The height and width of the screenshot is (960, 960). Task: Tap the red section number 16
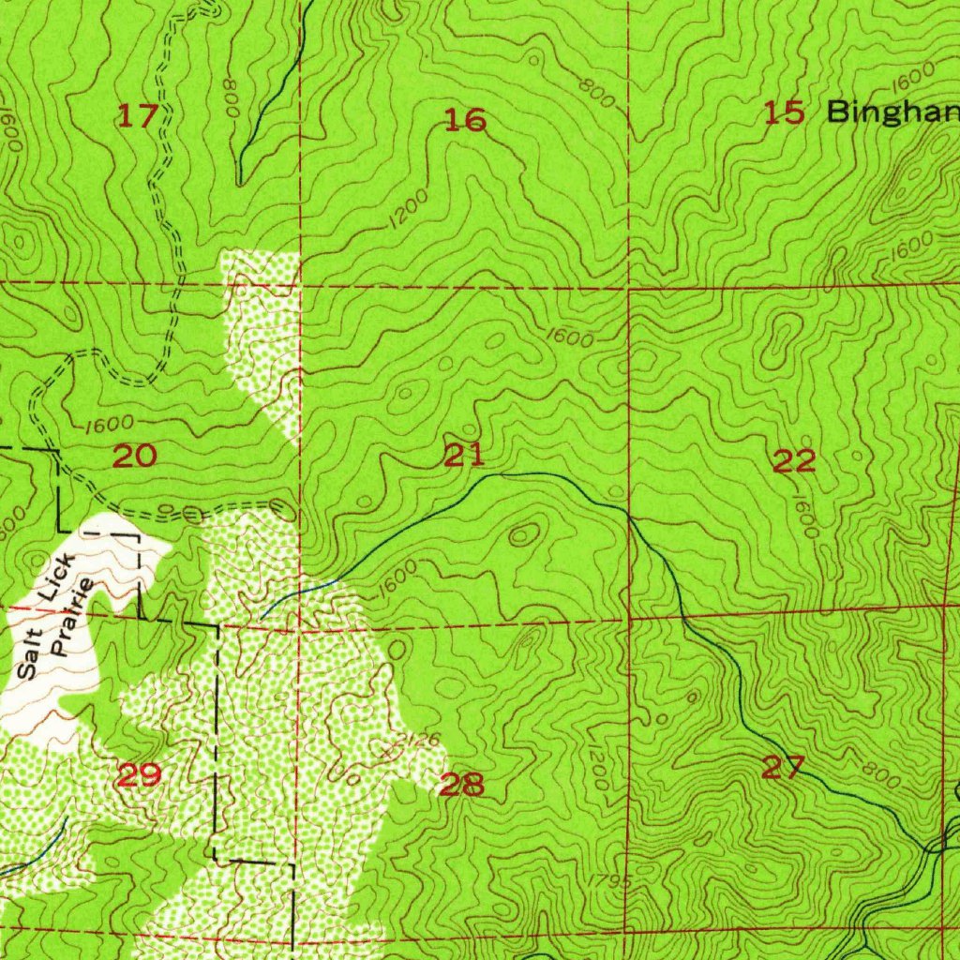tap(465, 120)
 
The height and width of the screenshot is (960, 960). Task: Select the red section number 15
tap(784, 113)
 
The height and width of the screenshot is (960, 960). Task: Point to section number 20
tap(134, 457)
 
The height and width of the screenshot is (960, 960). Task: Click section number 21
tap(465, 456)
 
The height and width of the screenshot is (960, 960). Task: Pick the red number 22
tap(794, 460)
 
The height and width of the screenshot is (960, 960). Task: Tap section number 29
tap(139, 775)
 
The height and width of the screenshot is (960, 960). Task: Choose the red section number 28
tap(461, 784)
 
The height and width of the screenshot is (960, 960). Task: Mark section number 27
tap(783, 769)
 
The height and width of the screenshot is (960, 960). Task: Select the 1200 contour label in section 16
tap(407, 206)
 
